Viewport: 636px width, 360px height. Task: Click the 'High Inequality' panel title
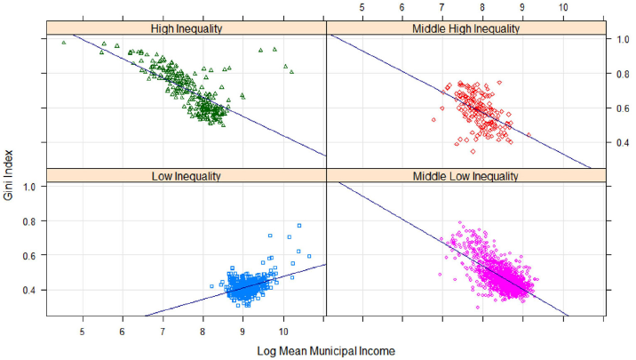[187, 28]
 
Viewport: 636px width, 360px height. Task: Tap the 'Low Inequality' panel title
[187, 176]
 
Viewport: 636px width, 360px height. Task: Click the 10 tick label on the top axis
[563, 7]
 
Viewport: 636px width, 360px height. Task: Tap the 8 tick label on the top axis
[482, 7]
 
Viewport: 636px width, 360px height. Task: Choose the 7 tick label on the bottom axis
[163, 332]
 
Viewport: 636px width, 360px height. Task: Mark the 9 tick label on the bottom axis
[242, 332]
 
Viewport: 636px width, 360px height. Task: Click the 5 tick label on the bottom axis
[83, 332]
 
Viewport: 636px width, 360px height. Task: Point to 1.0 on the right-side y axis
[623, 39]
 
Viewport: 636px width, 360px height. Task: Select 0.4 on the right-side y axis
[623, 142]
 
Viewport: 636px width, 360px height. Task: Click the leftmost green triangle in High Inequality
[64, 42]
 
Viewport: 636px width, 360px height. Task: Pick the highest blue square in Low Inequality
[299, 226]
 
